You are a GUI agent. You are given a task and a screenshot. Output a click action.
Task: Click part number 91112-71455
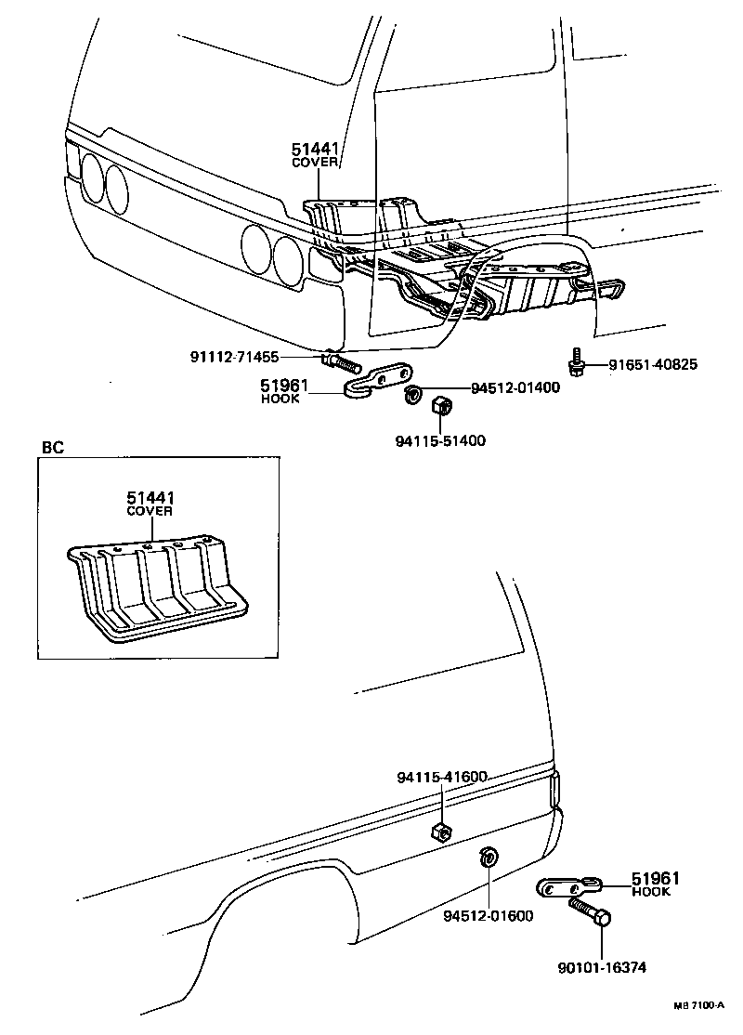point(235,357)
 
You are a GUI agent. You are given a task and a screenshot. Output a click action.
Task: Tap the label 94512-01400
point(515,388)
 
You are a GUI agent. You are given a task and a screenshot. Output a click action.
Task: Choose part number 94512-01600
point(488,915)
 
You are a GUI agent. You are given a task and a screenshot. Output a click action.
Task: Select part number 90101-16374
point(601,967)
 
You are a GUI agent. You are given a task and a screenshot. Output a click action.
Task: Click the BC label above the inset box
point(52,447)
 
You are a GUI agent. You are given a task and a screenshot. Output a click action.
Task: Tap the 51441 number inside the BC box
point(150,499)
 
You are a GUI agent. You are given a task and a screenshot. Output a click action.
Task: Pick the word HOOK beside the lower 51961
point(651,891)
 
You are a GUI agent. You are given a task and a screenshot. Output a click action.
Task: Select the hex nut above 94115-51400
point(442,406)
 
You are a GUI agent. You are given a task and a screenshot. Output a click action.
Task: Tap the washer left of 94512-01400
point(410,395)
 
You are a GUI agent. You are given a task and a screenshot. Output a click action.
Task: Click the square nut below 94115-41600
point(442,830)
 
